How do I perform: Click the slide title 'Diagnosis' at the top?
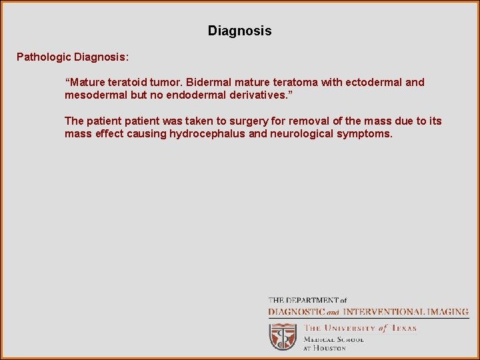click(239, 31)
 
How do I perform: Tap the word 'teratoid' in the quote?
click(139, 83)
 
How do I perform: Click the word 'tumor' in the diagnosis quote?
click(167, 83)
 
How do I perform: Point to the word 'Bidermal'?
click(209, 83)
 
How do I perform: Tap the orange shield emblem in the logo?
click(283, 337)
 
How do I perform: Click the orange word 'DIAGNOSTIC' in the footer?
click(297, 311)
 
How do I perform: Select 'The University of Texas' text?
click(360, 328)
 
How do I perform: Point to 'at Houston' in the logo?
click(325, 348)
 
